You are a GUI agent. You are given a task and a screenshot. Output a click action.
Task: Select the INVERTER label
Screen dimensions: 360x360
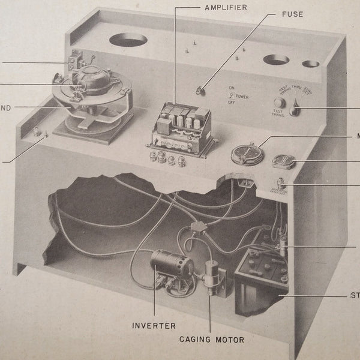click(x=154, y=326)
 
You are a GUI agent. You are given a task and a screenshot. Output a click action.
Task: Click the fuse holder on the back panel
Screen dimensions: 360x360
click(x=198, y=91)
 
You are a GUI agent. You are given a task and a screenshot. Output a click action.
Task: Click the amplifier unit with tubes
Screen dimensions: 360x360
click(x=178, y=128)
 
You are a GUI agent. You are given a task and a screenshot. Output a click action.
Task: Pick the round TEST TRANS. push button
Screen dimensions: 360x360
click(x=280, y=103)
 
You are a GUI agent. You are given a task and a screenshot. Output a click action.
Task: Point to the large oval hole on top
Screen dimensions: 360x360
click(x=128, y=40)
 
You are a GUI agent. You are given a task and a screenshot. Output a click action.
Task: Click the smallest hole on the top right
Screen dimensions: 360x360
click(x=310, y=64)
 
